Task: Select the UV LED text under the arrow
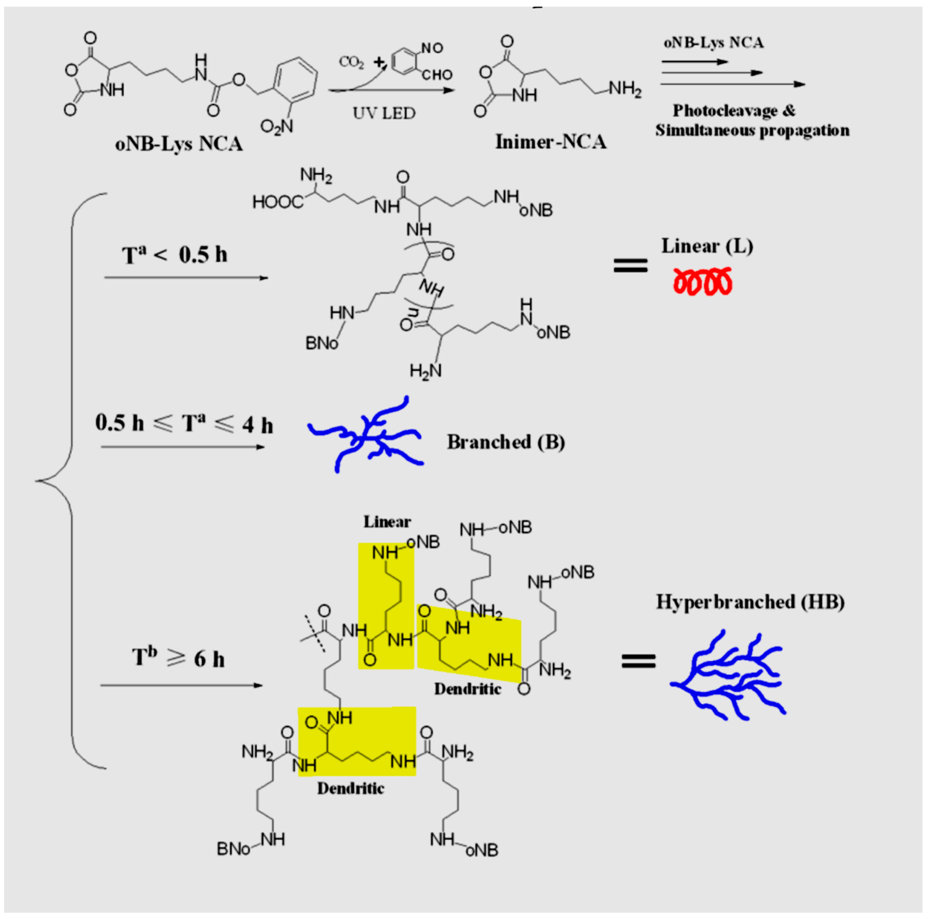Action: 384,114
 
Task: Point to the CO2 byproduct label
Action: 351,62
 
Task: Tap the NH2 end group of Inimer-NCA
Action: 625,89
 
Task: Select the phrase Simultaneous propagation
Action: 752,130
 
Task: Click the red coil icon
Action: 702,281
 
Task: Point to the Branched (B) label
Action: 506,442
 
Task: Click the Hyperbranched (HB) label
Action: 750,602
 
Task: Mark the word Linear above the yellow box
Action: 387,521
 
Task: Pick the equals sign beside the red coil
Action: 630,265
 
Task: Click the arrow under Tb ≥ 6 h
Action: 182,685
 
